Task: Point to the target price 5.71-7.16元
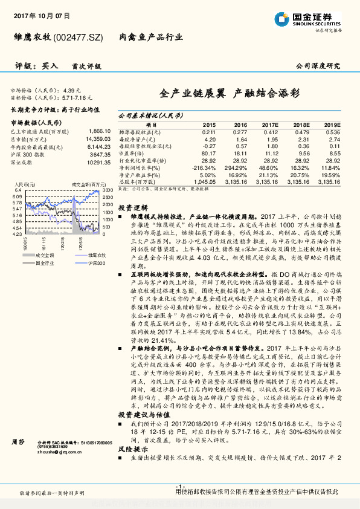77,97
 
